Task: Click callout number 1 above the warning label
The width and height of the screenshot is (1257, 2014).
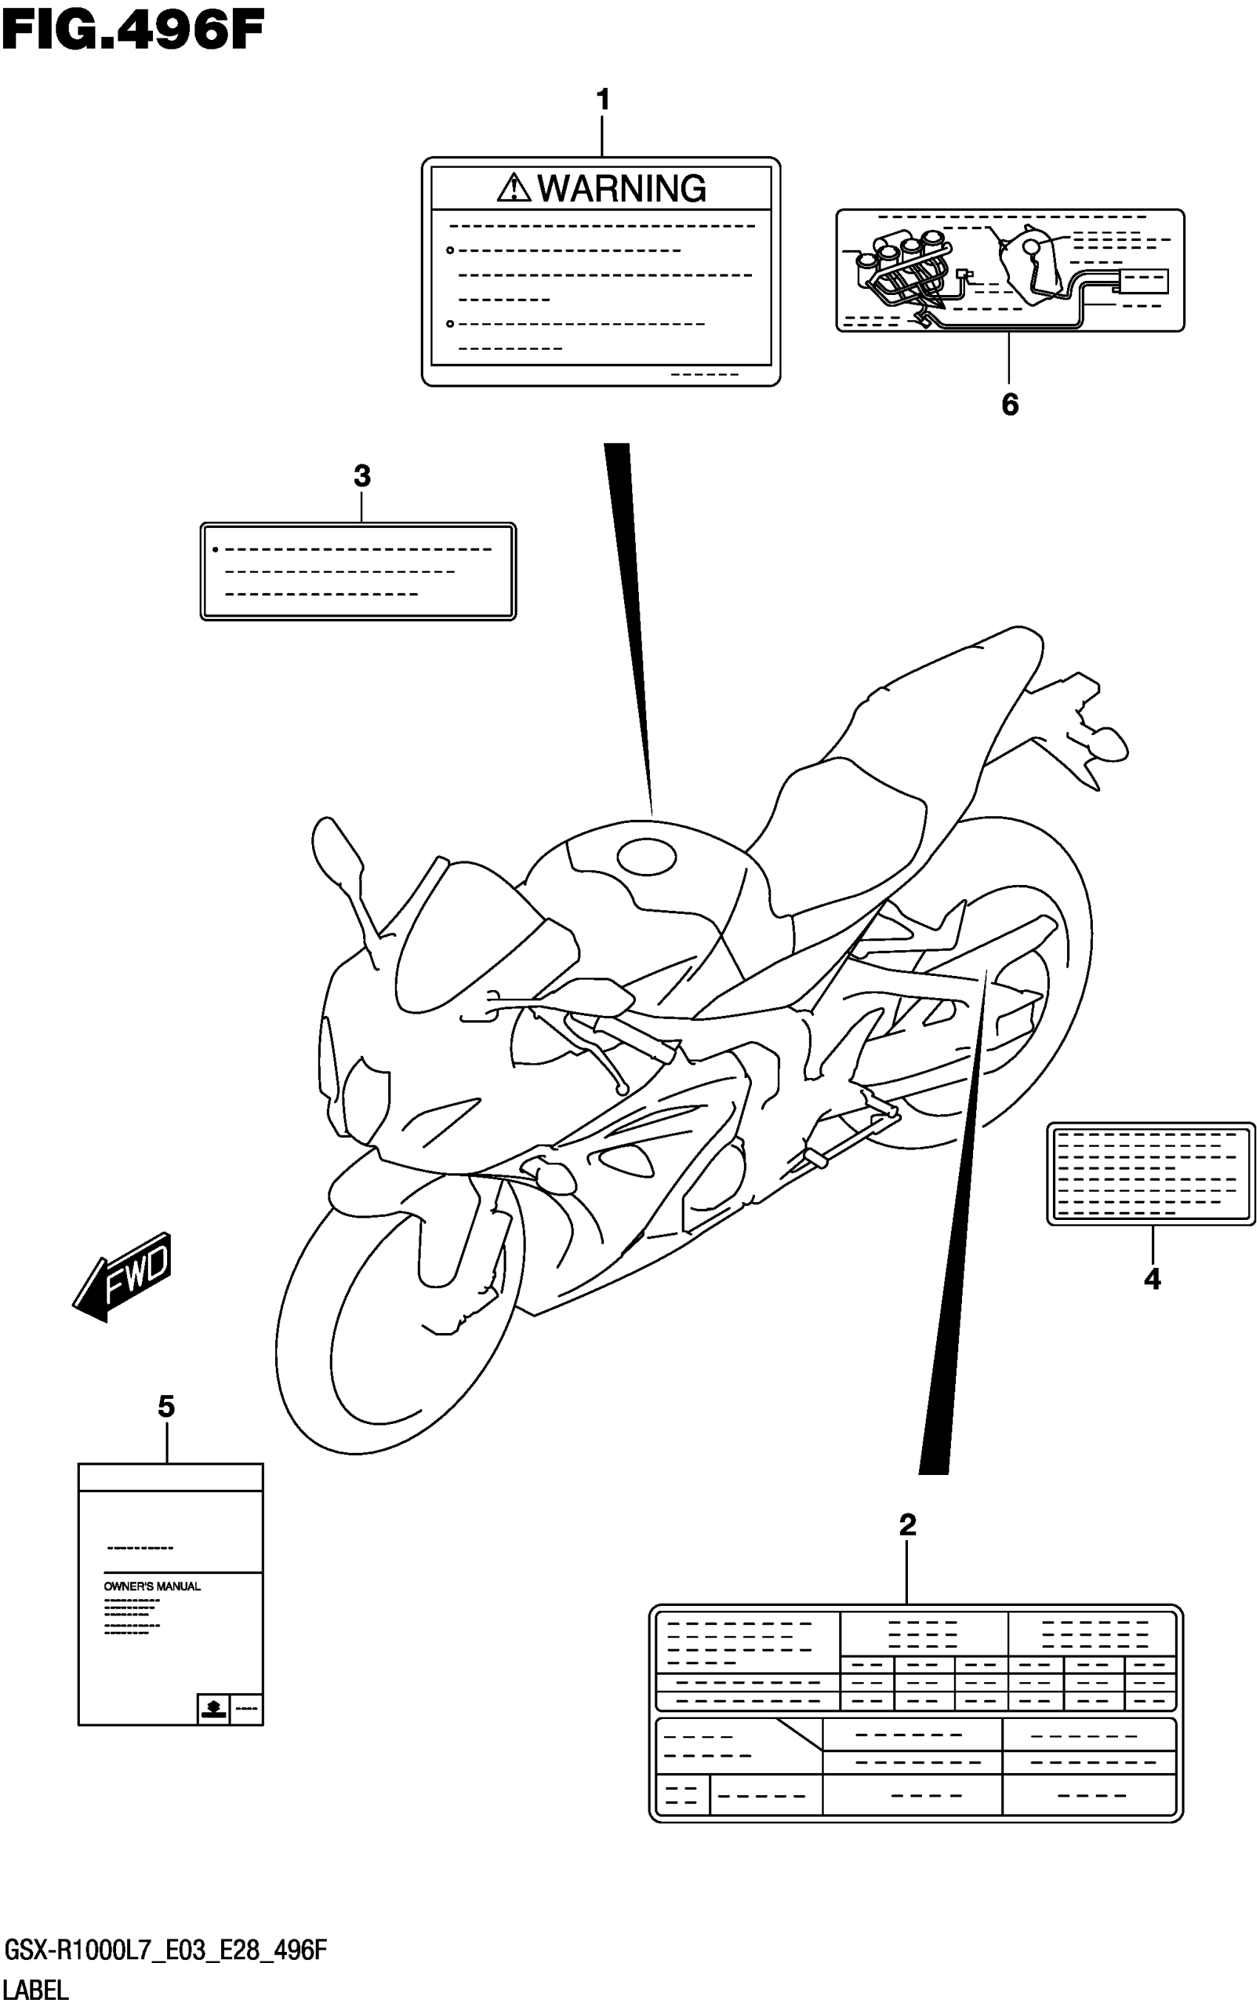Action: [x=603, y=101]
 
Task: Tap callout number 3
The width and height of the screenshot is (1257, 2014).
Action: [x=362, y=476]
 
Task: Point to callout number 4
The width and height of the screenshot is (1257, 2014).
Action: [x=1151, y=1279]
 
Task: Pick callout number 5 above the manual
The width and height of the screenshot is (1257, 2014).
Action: [x=166, y=1406]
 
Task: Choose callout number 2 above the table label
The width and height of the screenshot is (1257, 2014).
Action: [x=907, y=1525]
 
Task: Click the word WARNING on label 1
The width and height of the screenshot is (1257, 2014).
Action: [x=622, y=189]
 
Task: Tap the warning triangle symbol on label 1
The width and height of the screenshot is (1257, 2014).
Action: [x=514, y=189]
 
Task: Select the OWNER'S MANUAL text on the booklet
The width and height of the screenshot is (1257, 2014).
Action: [x=152, y=1586]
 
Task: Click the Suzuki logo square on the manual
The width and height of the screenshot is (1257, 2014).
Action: [x=213, y=1709]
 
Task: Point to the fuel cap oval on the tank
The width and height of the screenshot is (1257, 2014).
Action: [x=646, y=856]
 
